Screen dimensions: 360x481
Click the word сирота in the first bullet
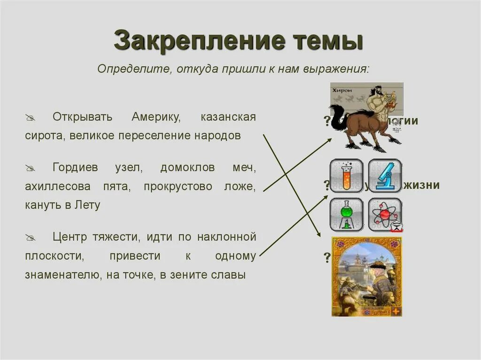tap(45, 136)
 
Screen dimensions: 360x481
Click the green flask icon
tap(346, 214)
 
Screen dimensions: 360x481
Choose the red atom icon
tap(385, 214)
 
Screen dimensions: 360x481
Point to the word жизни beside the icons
tap(421, 185)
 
